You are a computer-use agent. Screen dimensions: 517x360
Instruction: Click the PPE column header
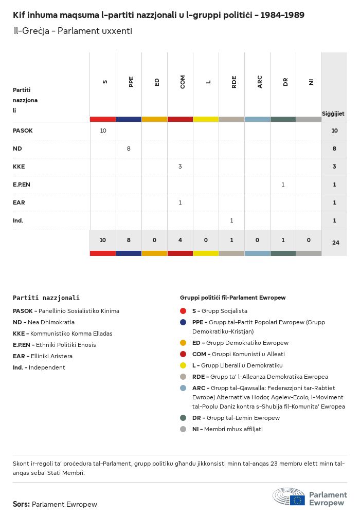(x=131, y=82)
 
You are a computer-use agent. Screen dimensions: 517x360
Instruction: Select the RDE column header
(x=234, y=82)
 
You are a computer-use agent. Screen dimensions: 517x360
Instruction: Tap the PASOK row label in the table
(x=23, y=131)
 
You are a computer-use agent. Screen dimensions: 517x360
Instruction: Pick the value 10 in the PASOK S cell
(x=103, y=131)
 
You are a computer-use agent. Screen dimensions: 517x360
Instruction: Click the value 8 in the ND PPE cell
(x=129, y=149)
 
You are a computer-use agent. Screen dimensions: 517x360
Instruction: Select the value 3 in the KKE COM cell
(x=180, y=167)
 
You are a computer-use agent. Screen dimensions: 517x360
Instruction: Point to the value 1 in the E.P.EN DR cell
(x=283, y=184)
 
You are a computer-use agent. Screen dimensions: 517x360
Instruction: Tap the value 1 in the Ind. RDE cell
(x=231, y=220)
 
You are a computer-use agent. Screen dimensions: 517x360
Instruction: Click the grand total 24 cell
(x=335, y=242)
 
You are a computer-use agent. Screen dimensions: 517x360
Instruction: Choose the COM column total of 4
(x=180, y=239)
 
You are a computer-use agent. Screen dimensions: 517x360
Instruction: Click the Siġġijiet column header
(x=333, y=114)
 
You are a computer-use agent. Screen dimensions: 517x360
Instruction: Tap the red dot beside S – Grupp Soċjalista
(x=183, y=311)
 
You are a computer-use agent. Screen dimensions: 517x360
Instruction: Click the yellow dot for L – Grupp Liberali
(x=183, y=365)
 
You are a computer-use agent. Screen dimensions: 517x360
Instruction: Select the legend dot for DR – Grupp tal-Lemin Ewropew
(x=183, y=418)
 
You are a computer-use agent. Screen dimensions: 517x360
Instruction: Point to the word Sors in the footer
(x=21, y=504)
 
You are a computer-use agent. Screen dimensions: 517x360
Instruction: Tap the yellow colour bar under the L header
(x=206, y=119)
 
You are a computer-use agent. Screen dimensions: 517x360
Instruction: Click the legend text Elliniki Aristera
(x=50, y=356)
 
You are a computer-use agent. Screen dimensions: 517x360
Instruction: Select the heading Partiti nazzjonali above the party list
(x=46, y=298)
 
